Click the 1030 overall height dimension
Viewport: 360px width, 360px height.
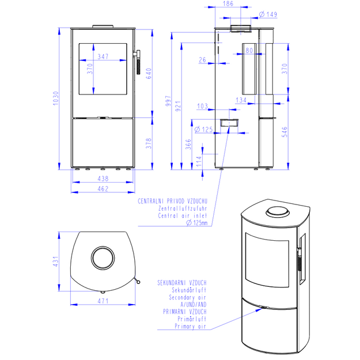pos(56,98)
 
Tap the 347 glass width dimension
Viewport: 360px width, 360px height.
pos(103,56)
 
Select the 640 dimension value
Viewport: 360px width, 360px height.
pos(149,74)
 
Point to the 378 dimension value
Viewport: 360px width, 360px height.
pos(149,143)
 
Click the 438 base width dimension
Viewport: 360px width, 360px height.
pos(103,179)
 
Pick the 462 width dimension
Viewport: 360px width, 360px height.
pos(103,189)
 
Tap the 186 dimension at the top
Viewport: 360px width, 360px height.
pos(228,3)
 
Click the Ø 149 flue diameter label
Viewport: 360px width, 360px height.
pos(268,14)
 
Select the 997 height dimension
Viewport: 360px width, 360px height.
pos(168,101)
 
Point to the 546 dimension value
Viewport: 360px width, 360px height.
pos(285,132)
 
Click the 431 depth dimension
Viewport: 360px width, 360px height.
pos(56,262)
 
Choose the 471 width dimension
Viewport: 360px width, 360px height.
pos(103,301)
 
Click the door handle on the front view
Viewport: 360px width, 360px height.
pos(138,62)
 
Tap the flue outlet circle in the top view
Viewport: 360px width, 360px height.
pos(103,257)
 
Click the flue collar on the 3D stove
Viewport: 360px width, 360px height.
pos(278,211)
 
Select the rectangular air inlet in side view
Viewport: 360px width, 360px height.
pos(229,123)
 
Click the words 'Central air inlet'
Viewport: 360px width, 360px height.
pos(183,216)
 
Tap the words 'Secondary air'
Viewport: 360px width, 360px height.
pos(187,298)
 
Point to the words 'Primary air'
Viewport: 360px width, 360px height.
pos(190,326)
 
